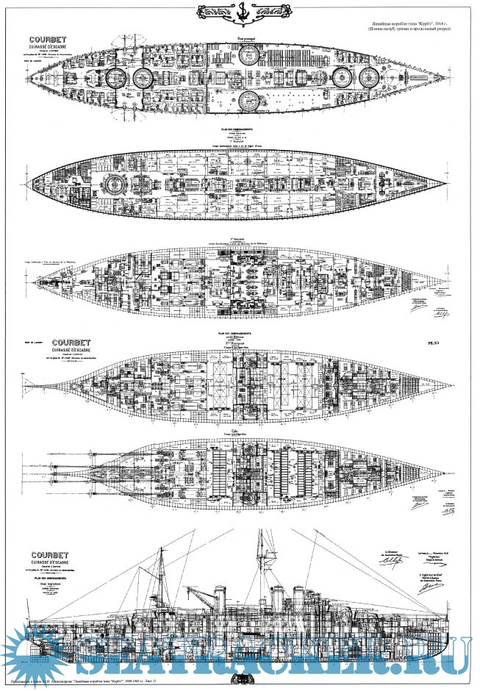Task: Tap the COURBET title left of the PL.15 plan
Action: (x=67, y=341)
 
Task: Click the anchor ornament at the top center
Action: (x=240, y=12)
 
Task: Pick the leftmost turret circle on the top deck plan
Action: (x=116, y=77)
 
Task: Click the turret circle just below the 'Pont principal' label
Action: (x=248, y=52)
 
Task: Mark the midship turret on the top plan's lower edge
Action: (x=248, y=103)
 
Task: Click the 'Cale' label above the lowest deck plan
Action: (x=235, y=432)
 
